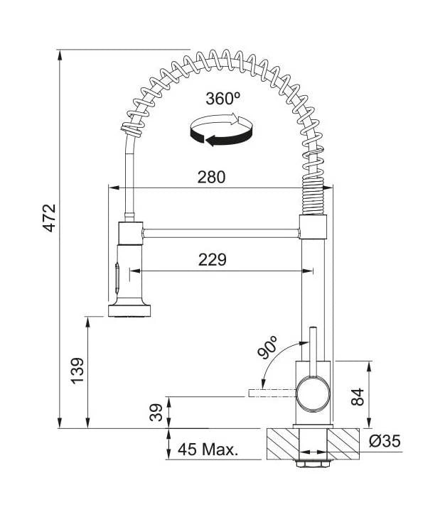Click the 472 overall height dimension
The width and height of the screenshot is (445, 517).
tap(50, 218)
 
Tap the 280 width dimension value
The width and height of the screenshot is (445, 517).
tap(211, 177)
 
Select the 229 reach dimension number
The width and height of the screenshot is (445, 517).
tap(213, 259)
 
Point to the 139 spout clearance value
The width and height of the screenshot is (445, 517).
tap(78, 370)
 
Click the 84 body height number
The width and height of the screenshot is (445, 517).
tap(358, 397)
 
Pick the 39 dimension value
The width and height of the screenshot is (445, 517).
tap(156, 413)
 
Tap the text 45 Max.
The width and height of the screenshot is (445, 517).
tap(208, 449)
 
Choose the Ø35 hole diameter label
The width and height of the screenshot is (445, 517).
tap(385, 441)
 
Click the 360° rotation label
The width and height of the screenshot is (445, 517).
tap(222, 98)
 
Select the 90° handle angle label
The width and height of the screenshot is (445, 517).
tap(268, 347)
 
